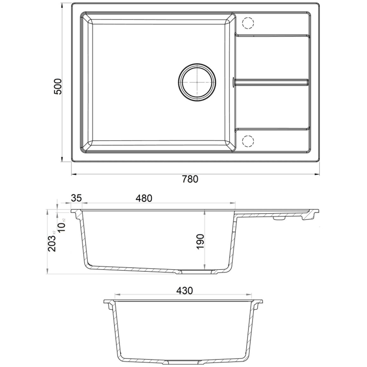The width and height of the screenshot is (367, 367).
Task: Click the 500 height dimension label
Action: pyautogui.click(x=57, y=86)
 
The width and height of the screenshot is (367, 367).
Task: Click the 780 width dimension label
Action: pyautogui.click(x=190, y=179)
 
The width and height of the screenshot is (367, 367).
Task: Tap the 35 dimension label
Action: pyautogui.click(x=76, y=198)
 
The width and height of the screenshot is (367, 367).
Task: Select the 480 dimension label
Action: pyautogui.click(x=144, y=198)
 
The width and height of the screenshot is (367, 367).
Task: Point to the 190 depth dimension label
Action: pyautogui.click(x=201, y=242)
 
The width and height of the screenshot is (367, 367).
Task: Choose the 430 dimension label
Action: pyautogui.click(x=184, y=290)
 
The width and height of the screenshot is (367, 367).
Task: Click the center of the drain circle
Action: pyautogui.click(x=197, y=82)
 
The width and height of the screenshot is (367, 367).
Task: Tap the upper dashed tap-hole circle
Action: pyautogui.click(x=248, y=23)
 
